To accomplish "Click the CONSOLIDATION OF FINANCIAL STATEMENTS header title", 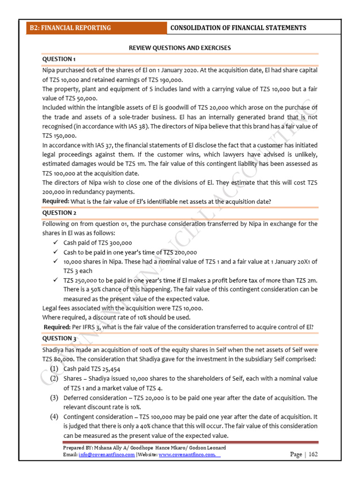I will (238, 28).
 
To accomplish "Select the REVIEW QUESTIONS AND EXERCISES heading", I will (180, 48).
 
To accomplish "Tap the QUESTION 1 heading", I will (59, 59).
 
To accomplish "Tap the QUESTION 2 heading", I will (59, 212).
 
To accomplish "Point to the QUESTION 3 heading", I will (59, 338).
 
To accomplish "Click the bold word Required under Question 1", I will (56, 201).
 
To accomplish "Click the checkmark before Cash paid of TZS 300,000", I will (56, 243).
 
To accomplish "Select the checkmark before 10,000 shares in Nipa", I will (56, 262).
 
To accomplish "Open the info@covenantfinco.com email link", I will (106, 455).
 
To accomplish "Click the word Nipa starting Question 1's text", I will (49, 70).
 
